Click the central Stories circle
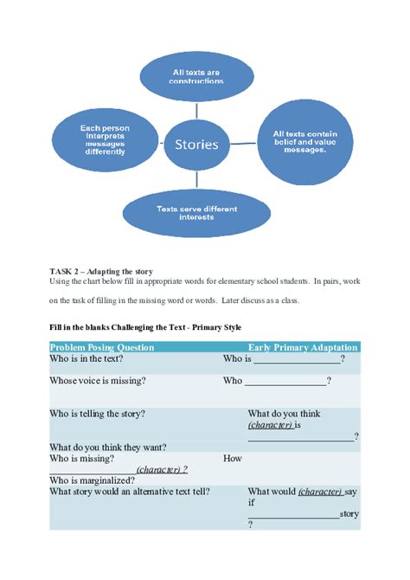click(x=197, y=144)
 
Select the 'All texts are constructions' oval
click(x=197, y=75)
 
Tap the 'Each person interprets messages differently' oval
click(x=104, y=139)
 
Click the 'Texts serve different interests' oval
click(x=196, y=213)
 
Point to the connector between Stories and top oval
click(x=197, y=109)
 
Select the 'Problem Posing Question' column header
click(x=102, y=347)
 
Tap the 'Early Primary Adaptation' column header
click(x=303, y=347)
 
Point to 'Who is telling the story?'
click(x=97, y=414)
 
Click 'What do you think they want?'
click(x=108, y=448)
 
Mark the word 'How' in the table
click(x=233, y=458)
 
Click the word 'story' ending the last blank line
click(x=349, y=513)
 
